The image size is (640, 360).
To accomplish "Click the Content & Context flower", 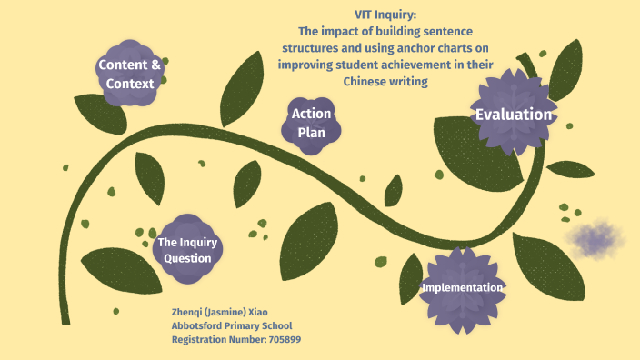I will (129, 73).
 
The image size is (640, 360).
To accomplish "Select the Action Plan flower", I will (311, 124).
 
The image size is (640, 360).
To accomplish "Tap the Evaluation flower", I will (513, 115).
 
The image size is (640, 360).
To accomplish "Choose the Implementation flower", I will (462, 288).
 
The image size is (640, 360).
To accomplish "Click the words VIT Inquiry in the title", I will (385, 15).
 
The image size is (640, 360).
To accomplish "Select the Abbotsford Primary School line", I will (232, 325).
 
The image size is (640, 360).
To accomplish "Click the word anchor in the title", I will (430, 48).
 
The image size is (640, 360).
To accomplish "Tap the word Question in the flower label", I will (187, 259).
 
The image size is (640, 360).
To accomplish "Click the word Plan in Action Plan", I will (311, 133).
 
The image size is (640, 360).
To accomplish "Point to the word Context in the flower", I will (129, 83).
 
